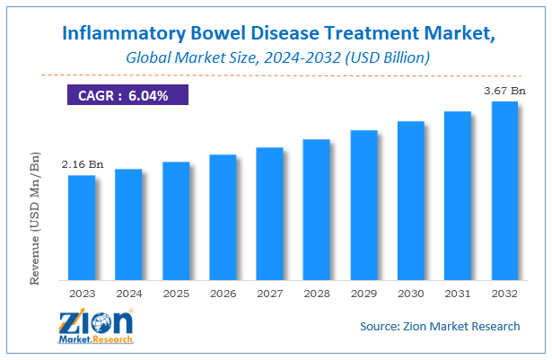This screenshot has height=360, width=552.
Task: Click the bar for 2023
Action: click(82, 226)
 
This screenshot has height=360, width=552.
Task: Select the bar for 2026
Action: click(223, 216)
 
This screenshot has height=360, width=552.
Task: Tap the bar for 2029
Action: click(364, 204)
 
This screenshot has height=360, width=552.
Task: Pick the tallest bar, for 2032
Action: click(504, 189)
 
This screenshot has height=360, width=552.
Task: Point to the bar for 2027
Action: click(269, 213)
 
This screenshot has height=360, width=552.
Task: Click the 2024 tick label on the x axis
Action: click(128, 293)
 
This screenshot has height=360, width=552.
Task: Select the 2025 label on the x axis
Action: click(176, 293)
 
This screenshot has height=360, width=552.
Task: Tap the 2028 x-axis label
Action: click(317, 293)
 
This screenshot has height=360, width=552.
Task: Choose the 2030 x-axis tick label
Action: click(410, 293)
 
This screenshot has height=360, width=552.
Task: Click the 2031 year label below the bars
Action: click(458, 293)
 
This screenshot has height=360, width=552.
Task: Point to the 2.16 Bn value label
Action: click(82, 165)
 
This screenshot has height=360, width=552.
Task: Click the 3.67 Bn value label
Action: click(504, 91)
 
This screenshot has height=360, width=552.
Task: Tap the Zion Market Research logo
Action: click(95, 328)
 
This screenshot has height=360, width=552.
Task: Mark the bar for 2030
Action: click(410, 199)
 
